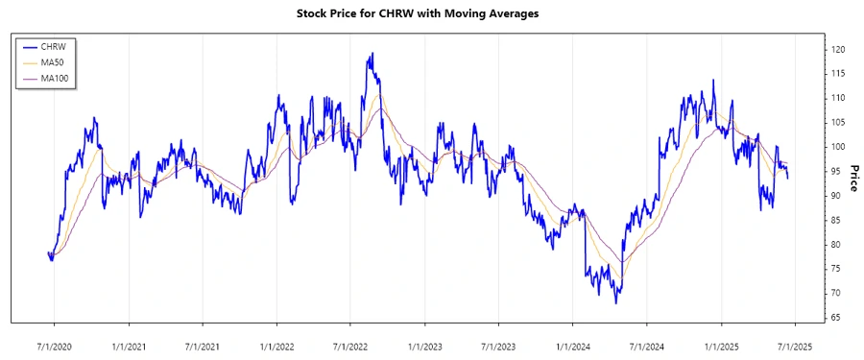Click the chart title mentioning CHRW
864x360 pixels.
point(432,14)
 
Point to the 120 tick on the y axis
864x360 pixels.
point(838,49)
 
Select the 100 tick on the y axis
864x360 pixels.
point(838,147)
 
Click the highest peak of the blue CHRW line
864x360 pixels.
point(371,54)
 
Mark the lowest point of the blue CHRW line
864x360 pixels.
point(616,303)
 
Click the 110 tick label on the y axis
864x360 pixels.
point(838,98)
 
